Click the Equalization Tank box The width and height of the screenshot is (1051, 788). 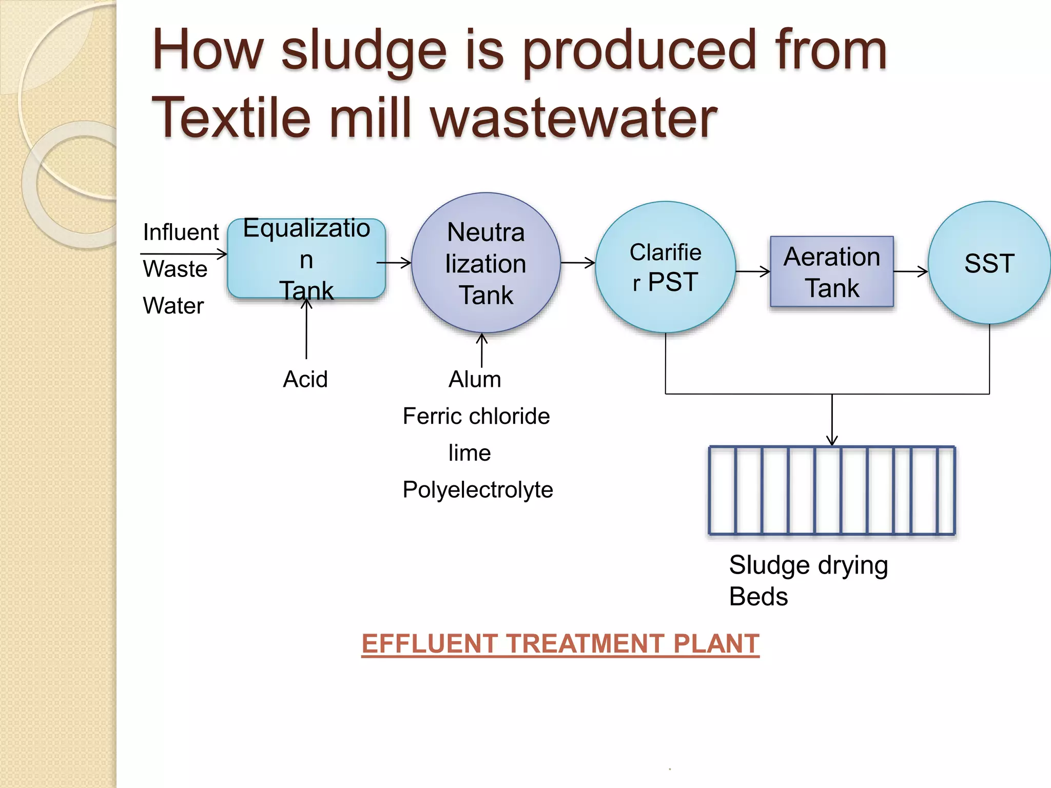click(306, 259)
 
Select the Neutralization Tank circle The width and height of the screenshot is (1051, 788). click(485, 263)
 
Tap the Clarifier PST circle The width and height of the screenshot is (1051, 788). click(665, 267)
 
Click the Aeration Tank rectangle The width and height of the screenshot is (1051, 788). click(831, 272)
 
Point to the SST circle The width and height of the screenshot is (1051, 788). click(989, 263)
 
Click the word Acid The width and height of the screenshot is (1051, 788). click(305, 380)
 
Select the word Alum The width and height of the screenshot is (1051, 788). click(475, 380)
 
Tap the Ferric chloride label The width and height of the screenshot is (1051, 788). click(476, 416)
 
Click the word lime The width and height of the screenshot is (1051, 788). click(470, 453)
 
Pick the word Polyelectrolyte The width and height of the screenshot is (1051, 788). click(478, 490)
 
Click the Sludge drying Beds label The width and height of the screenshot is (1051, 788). click(808, 581)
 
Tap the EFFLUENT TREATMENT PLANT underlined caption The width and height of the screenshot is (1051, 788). click(560, 644)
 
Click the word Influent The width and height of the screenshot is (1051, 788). click(181, 232)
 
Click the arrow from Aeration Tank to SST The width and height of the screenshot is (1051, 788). click(911, 272)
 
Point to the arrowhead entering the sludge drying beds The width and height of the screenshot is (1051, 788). click(832, 440)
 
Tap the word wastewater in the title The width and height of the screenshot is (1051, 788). click(573, 119)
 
